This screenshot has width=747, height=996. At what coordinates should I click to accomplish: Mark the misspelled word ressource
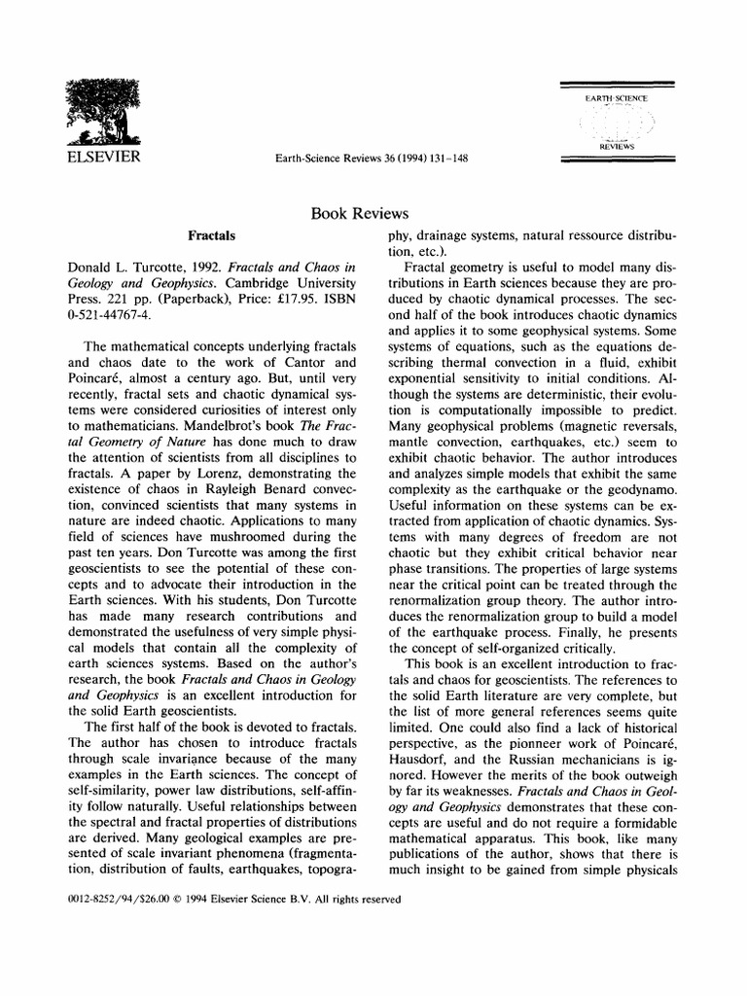point(580,236)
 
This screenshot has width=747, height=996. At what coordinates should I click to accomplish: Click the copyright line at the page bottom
point(221,900)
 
